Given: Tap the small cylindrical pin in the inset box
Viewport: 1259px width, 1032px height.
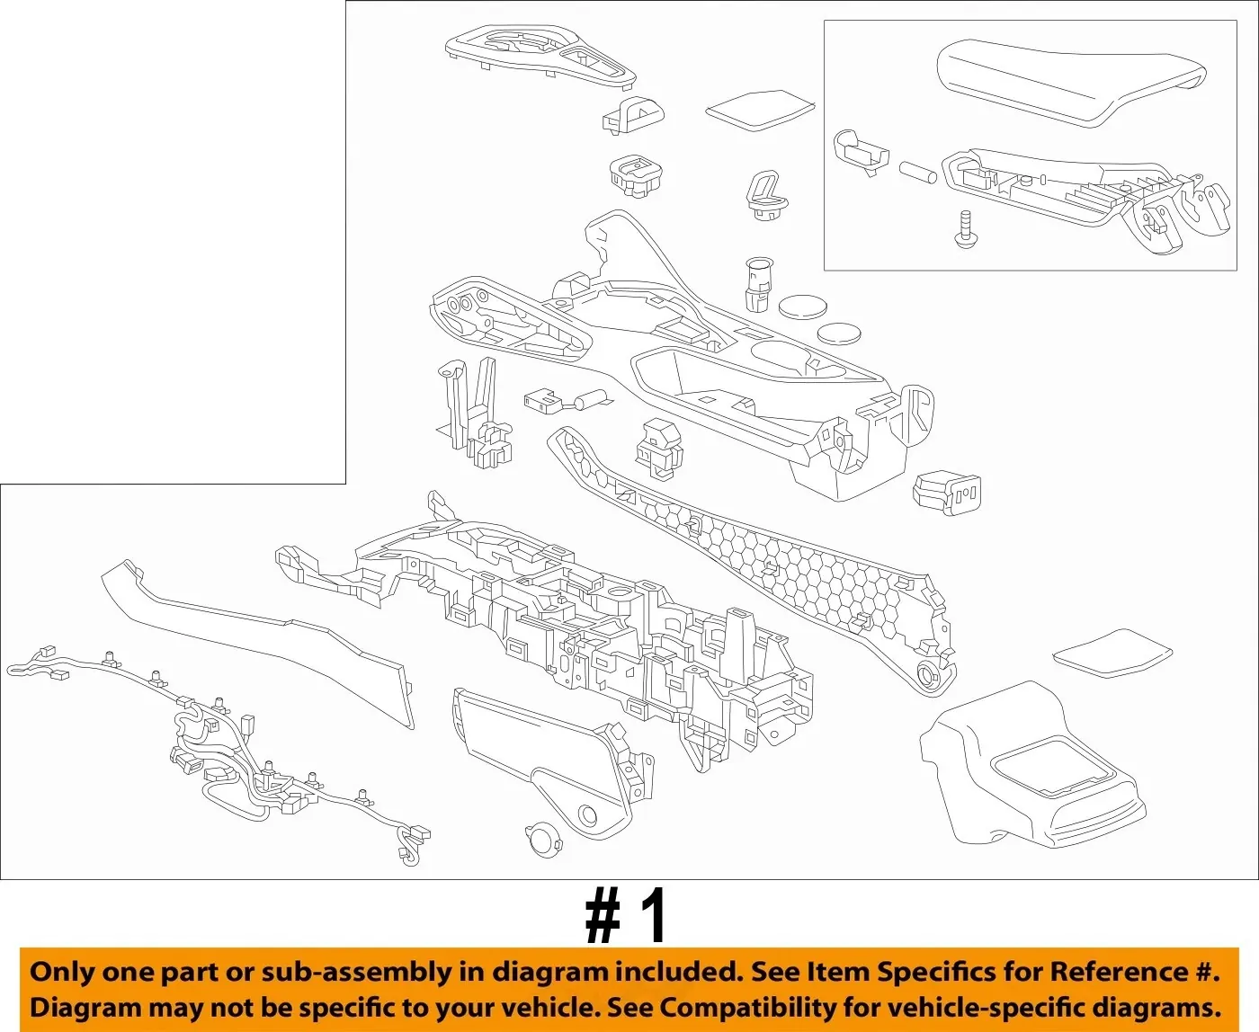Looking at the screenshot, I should pyautogui.click(x=918, y=172).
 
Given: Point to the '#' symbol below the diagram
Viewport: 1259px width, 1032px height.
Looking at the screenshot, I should pyautogui.click(x=603, y=917).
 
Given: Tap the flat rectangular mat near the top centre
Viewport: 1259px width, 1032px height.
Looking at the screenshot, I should pyautogui.click(x=761, y=110).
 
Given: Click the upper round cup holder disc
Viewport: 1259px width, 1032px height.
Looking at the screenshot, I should pyautogui.click(x=802, y=307).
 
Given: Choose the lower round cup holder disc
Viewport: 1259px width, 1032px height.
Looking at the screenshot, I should pyautogui.click(x=839, y=334).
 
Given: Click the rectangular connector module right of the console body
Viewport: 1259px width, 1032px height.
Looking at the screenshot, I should pyautogui.click(x=947, y=493).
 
